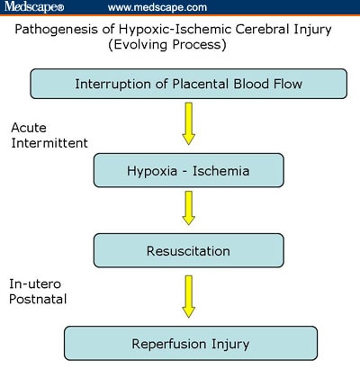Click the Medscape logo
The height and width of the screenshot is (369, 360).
click(34, 6)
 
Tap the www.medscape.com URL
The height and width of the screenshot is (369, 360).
click(157, 7)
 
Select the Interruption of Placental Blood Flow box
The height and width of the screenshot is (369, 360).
click(189, 84)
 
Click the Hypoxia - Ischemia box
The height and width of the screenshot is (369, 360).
click(189, 170)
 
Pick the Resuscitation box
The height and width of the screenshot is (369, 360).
click(189, 250)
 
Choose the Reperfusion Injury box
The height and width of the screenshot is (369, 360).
click(191, 344)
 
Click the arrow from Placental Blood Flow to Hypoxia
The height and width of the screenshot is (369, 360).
click(189, 123)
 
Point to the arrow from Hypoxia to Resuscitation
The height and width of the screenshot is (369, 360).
click(189, 208)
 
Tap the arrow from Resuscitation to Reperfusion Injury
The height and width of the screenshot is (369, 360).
click(189, 296)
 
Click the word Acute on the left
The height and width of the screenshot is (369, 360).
click(29, 128)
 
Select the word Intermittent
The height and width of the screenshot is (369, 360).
click(49, 143)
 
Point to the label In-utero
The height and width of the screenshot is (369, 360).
click(35, 283)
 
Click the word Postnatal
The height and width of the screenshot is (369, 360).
click(38, 299)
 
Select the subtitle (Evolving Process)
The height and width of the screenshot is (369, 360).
click(167, 45)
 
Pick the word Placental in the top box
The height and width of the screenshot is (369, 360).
click(201, 84)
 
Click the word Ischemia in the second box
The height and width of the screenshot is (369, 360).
click(221, 171)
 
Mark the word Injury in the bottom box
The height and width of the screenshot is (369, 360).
click(230, 344)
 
